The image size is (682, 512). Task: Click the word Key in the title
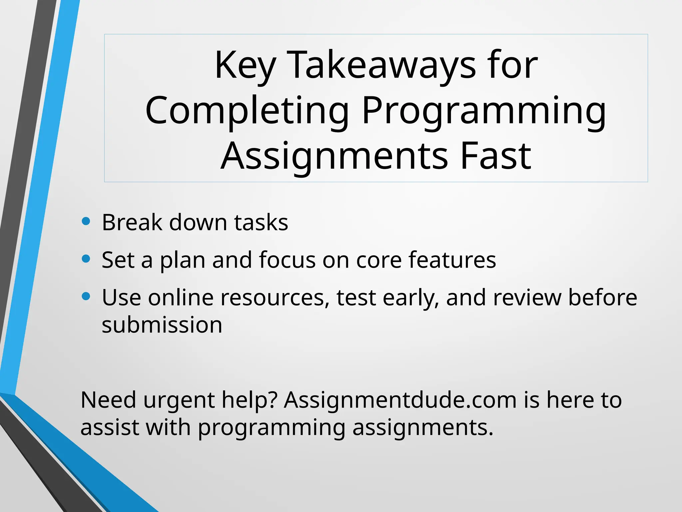click(245, 65)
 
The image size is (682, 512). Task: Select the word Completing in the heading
click(247, 111)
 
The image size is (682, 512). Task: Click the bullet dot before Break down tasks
click(86, 221)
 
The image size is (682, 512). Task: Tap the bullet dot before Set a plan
click(86, 259)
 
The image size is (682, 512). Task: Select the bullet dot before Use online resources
click(86, 296)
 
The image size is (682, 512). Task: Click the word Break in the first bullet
click(132, 222)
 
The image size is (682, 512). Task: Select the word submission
click(162, 325)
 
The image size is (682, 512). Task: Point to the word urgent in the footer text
click(179, 400)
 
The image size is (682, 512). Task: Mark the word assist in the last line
click(110, 427)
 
